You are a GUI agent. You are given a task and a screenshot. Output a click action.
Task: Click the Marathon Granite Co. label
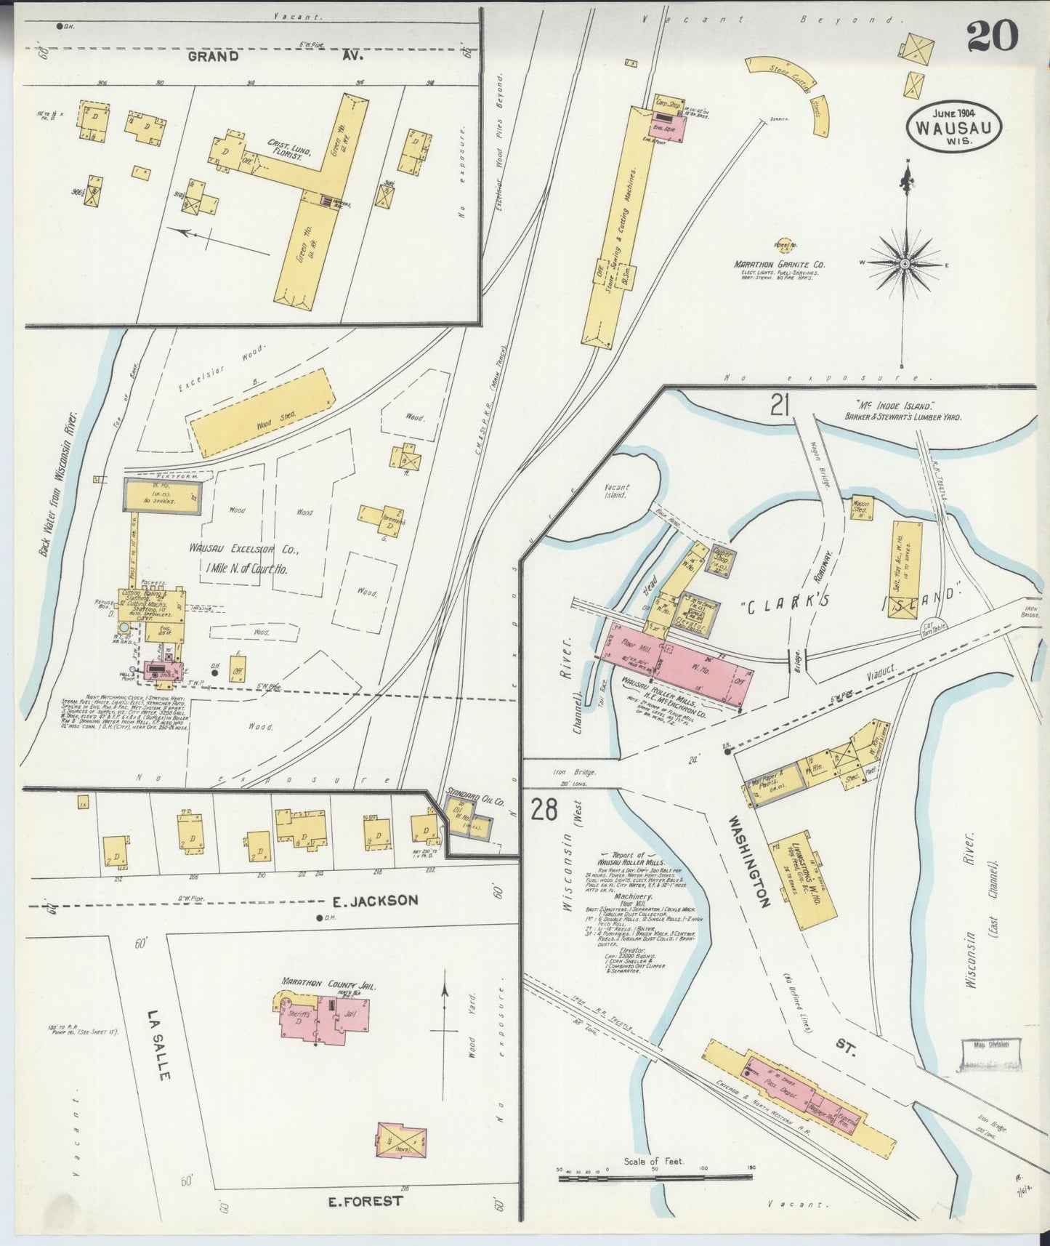click(779, 265)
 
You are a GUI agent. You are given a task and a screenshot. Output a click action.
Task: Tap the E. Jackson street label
click(375, 901)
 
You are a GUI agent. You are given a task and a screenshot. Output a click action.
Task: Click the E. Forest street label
click(365, 1201)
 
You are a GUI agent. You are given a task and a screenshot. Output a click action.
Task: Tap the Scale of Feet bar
click(655, 1175)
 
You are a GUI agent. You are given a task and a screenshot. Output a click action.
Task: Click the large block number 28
click(544, 808)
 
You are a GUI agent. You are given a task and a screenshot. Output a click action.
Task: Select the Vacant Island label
click(617, 492)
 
